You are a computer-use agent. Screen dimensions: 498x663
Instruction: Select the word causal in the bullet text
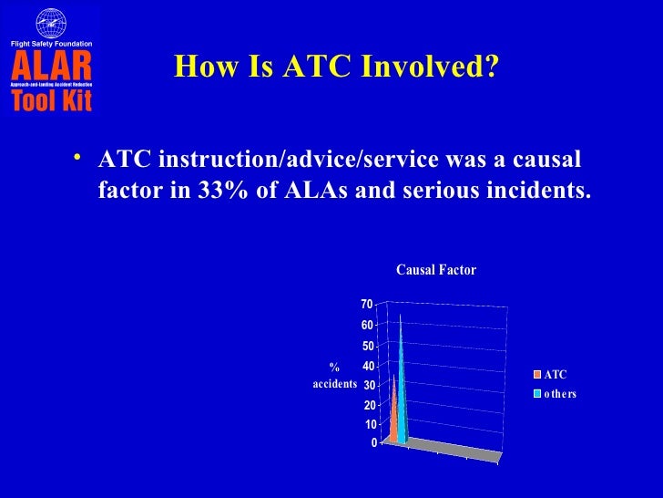pos(541,161)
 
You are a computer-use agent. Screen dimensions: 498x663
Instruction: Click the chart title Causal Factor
pos(435,270)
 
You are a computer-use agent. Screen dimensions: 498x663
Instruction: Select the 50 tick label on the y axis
pos(367,346)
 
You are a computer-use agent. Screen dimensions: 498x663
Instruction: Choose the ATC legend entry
pos(555,374)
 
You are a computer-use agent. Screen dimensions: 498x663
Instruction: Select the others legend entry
pos(559,393)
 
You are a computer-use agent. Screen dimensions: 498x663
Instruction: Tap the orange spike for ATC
pos(393,410)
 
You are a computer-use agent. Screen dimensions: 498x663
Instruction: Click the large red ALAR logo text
pos(51,66)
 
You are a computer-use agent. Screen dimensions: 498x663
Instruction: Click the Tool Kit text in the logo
pos(51,99)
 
